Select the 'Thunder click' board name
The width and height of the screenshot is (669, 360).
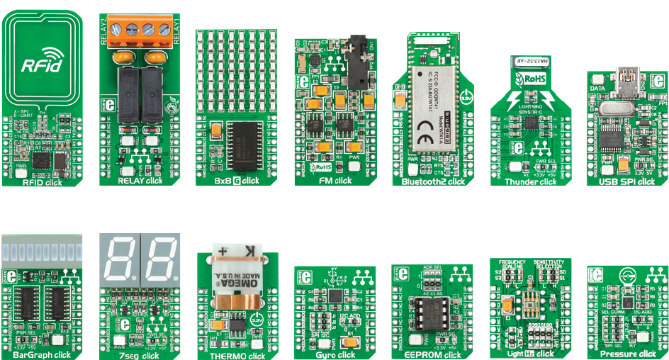coord(530,181)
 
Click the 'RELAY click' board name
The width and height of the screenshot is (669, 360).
coord(140,181)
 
